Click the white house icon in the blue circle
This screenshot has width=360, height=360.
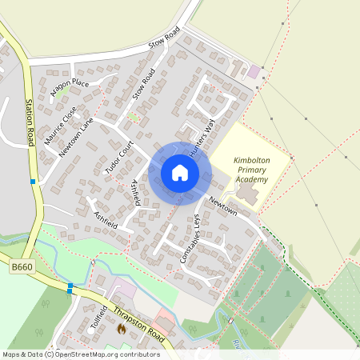[x=180, y=173]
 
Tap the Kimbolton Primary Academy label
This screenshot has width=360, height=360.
[x=251, y=170]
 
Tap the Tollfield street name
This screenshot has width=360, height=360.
[x=98, y=325]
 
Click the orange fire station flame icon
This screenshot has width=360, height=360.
[x=122, y=328]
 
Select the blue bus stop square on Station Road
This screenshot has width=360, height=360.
[x=33, y=182]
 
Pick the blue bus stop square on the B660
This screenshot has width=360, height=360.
[x=70, y=286]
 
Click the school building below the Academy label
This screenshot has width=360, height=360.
[x=247, y=194]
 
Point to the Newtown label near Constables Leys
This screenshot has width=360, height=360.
[x=223, y=206]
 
